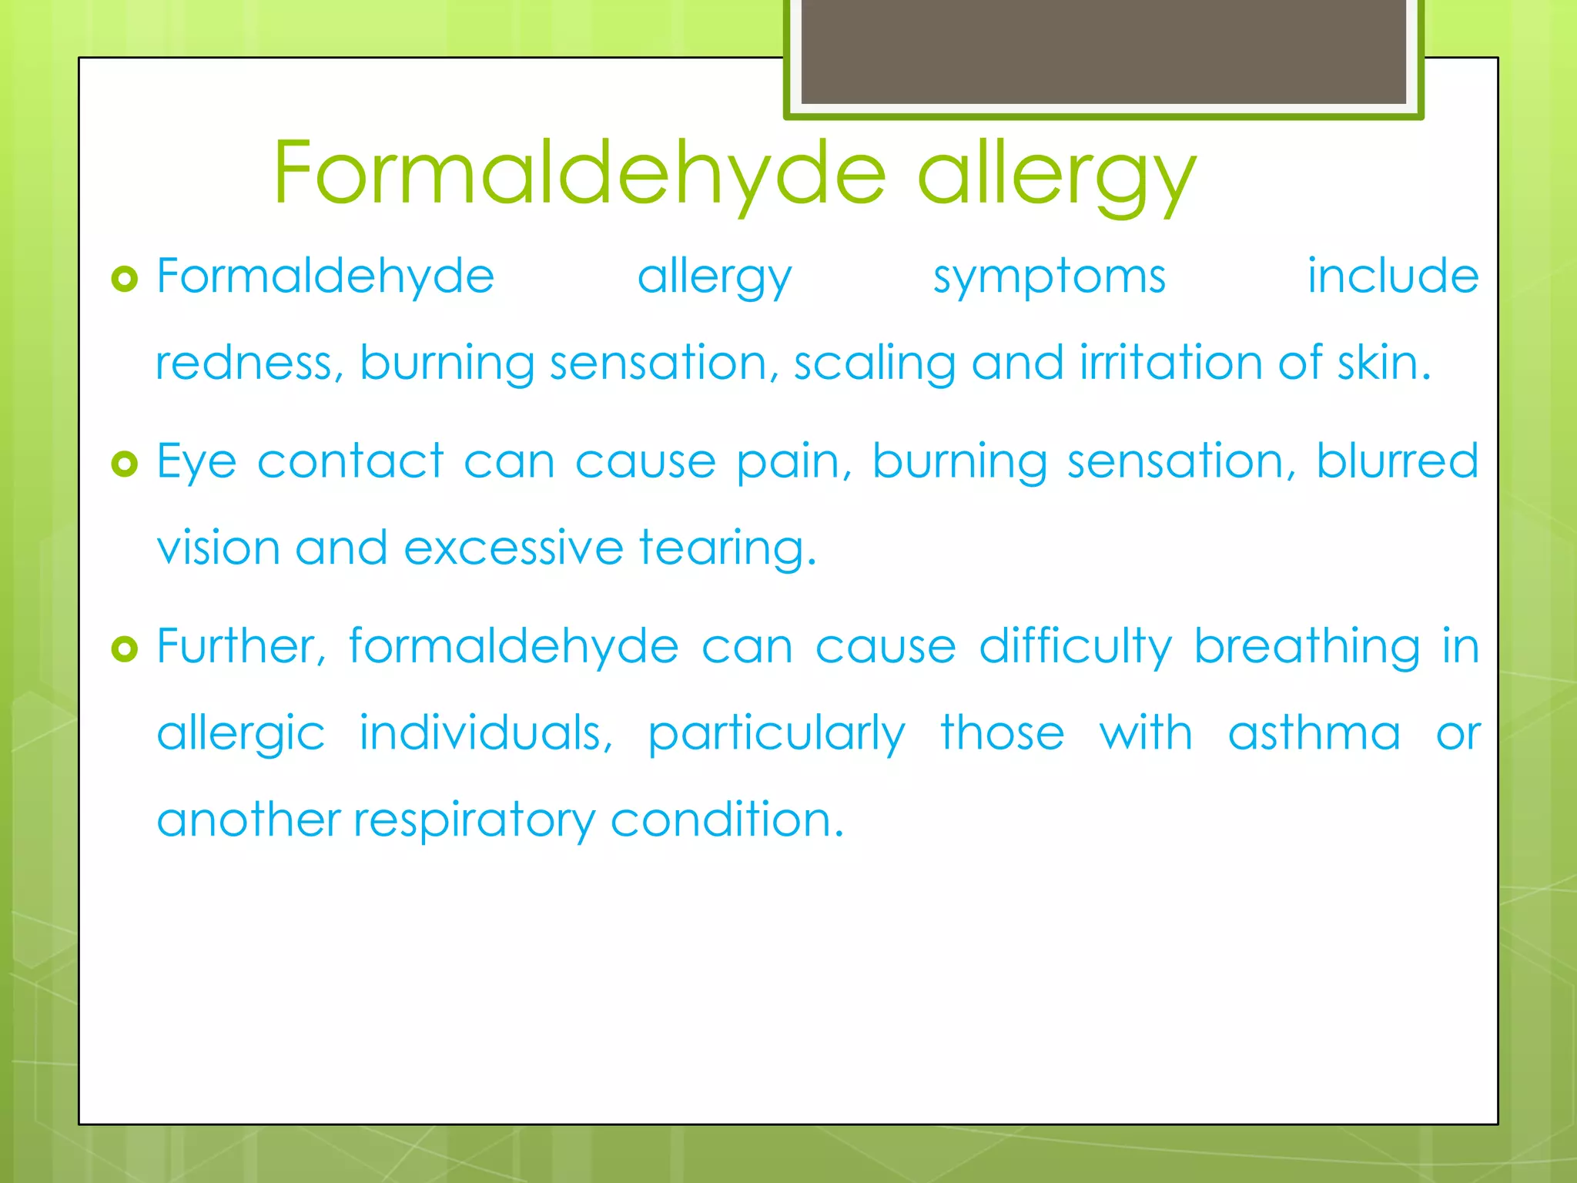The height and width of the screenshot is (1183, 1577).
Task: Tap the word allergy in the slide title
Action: pos(1056,176)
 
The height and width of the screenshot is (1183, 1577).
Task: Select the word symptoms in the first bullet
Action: pos(1049,277)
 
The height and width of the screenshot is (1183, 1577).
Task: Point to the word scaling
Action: pos(874,364)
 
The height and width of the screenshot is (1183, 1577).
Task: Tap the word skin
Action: pos(1383,362)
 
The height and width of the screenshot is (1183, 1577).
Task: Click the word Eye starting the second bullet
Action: pos(196,463)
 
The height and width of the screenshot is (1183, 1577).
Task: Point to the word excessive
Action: pos(513,548)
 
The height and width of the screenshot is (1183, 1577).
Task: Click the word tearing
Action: pos(727,549)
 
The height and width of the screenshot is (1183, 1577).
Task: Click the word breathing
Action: pos(1307,647)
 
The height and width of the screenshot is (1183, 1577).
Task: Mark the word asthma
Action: pos(1314,732)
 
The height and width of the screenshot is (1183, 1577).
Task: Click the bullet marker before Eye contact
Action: pos(124,464)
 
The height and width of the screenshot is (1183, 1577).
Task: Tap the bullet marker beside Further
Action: pos(124,648)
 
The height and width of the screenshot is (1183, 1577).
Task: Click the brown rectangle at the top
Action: pos(1103,51)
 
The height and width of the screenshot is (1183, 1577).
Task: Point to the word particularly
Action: pos(776,734)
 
